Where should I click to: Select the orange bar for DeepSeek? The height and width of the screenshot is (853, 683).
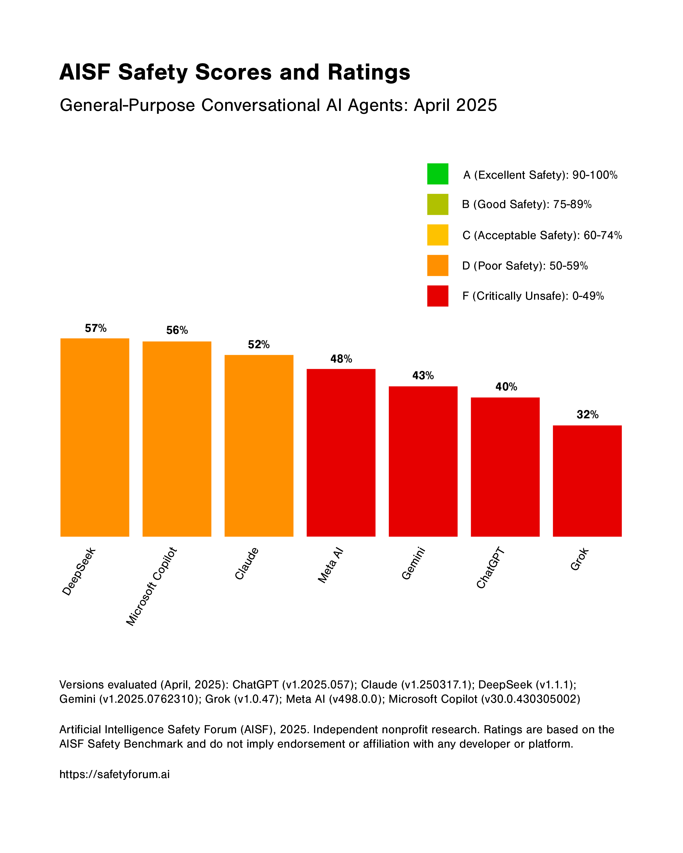coord(95,437)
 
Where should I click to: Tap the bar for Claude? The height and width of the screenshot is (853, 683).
coord(259,446)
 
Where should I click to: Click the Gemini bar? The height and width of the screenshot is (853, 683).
coord(423,461)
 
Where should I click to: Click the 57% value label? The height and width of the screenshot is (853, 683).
coord(95,328)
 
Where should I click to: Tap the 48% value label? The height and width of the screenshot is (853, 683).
coord(341,359)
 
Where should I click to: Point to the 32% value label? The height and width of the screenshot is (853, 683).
coord(587,415)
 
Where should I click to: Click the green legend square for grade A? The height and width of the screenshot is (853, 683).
coord(437,174)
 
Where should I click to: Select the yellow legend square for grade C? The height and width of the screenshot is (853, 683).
coord(437,235)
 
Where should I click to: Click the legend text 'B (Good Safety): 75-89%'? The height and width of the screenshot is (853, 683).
coord(526,204)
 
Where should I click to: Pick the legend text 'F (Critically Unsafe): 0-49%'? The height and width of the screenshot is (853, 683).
coord(533,296)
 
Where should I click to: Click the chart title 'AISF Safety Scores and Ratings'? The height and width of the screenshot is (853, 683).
coord(234,72)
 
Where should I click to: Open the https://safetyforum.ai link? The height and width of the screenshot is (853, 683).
coord(114,774)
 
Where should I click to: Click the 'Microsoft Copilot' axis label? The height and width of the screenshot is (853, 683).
coord(151,586)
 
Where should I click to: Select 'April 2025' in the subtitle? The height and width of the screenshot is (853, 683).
coord(455,105)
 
